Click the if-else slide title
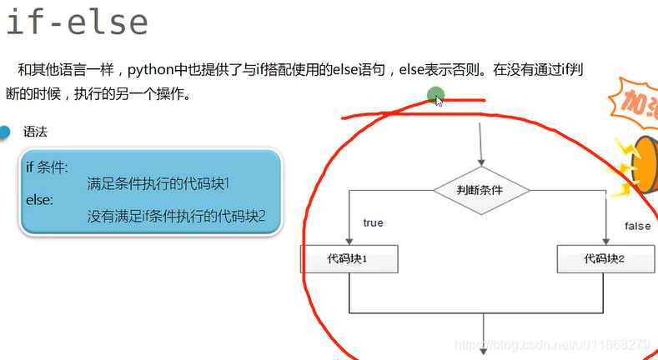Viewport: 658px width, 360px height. (77, 22)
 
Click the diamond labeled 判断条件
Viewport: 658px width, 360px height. (480, 190)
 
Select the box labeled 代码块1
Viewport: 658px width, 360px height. (349, 259)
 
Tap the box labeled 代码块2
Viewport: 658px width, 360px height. (605, 259)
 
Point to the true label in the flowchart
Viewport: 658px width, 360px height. (373, 223)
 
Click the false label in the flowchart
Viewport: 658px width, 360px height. (637, 226)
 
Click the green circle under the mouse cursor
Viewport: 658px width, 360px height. (434, 96)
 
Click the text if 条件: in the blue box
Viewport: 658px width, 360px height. (48, 166)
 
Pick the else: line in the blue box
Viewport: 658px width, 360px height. (39, 200)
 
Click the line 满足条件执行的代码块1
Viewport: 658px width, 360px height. (158, 183)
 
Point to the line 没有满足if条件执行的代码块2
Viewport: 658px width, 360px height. (176, 217)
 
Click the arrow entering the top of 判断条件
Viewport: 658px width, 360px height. (480, 158)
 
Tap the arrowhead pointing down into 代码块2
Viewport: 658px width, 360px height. (605, 242)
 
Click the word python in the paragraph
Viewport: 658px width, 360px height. (150, 70)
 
